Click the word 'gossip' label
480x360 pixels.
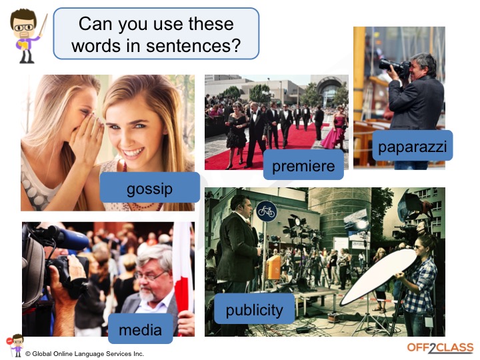click(x=150, y=187)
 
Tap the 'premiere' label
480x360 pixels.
click(x=303, y=165)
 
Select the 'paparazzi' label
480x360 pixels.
click(x=413, y=145)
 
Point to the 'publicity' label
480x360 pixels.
click(x=255, y=309)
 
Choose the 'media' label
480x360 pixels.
click(x=141, y=329)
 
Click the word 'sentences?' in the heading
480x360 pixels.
click(x=193, y=45)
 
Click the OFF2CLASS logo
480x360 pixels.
click(x=440, y=348)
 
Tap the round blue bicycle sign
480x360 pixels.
click(x=266, y=211)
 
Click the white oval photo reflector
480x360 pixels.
click(x=378, y=277)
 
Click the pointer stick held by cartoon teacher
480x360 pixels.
click(x=43, y=25)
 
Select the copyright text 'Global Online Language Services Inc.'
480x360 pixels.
click(x=88, y=354)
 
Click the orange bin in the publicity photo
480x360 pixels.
click(x=273, y=267)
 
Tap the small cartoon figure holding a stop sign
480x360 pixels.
click(x=15, y=345)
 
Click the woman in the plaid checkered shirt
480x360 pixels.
click(x=419, y=285)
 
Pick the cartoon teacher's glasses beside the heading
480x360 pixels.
click(x=23, y=27)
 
